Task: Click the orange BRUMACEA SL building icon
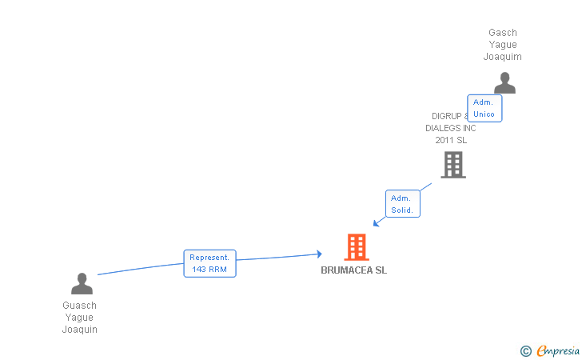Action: [357, 247]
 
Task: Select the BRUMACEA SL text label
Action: [353, 270]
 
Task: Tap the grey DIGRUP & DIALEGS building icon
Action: [453, 165]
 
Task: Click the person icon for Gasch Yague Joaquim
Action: [504, 82]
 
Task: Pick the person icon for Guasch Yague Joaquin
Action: [82, 283]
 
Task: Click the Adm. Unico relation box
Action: [484, 108]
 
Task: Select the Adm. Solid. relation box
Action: [402, 204]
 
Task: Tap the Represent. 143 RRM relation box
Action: [209, 263]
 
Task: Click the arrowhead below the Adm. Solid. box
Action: [377, 223]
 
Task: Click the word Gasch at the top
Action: [503, 33]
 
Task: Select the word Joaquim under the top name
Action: [503, 57]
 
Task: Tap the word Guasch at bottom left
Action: [80, 306]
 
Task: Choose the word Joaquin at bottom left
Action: [80, 330]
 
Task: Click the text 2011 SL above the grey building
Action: [451, 140]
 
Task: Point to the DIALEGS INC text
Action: [450, 128]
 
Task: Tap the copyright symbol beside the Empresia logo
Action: [525, 350]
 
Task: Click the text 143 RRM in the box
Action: [209, 270]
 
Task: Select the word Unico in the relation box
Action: [484, 114]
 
